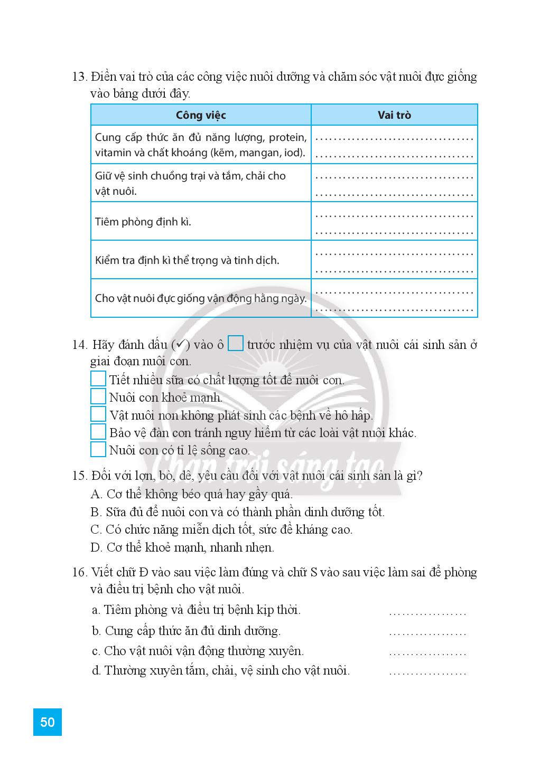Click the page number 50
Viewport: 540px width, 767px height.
point(47,722)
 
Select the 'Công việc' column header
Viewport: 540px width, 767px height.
point(201,115)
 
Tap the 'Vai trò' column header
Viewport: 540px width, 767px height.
point(394,115)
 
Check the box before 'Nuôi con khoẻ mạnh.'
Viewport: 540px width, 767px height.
point(98,397)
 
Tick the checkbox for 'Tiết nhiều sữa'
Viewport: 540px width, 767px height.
point(98,379)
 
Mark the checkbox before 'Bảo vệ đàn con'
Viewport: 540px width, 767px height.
point(98,432)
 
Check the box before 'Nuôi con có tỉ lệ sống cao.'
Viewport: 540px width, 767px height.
point(98,450)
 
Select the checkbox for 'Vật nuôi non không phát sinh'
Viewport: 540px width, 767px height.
point(98,414)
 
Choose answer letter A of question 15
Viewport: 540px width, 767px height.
point(96,494)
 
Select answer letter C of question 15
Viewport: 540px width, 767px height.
point(96,529)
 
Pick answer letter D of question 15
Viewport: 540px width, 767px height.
point(96,547)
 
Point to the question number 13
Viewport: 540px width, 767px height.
point(79,77)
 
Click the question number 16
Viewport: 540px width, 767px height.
point(79,572)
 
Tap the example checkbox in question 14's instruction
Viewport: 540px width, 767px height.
point(236,344)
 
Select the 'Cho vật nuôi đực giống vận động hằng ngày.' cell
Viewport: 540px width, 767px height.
point(201,298)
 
